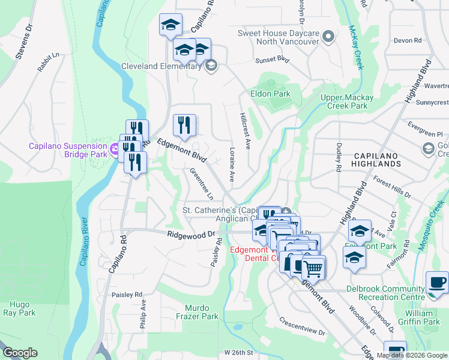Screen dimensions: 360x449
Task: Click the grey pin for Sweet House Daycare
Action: (x=328, y=37)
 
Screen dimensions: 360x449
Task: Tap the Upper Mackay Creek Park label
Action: (x=347, y=101)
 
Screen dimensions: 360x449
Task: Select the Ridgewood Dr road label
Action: (x=191, y=234)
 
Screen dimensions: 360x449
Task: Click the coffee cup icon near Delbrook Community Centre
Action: (x=437, y=282)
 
